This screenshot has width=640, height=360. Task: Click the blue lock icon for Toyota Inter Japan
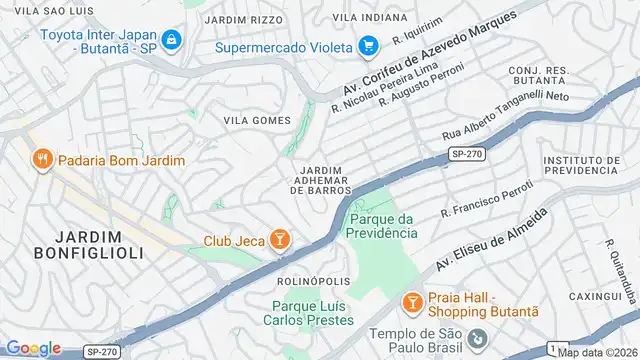(172, 40)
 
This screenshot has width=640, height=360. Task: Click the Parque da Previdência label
(382, 226)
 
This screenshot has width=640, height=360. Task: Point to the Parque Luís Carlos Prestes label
(312, 313)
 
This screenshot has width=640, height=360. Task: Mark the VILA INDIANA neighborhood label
(370, 18)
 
